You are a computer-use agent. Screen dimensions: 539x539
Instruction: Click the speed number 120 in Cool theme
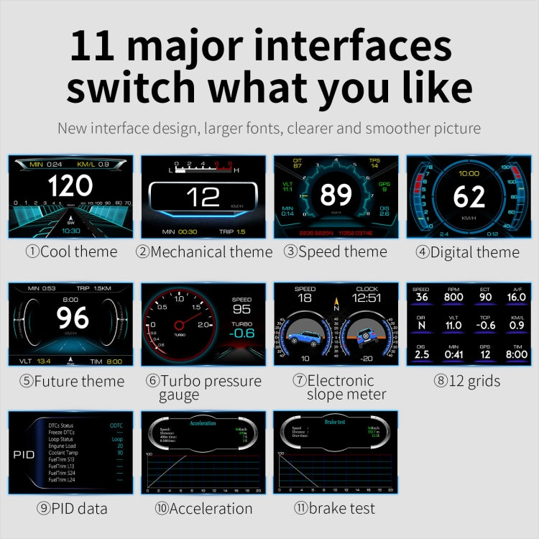[x=70, y=185]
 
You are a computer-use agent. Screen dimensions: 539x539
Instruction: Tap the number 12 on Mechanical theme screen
[x=203, y=197]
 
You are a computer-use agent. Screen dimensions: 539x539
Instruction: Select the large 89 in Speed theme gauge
[x=336, y=195]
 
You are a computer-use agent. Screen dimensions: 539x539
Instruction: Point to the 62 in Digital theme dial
[x=469, y=196]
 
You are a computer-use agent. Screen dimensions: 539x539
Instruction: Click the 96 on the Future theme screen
[x=73, y=318]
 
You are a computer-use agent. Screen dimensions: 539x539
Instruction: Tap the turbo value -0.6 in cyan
[x=242, y=332]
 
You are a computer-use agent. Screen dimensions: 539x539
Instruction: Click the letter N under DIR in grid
[x=421, y=326]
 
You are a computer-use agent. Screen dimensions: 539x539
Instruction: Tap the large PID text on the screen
[x=24, y=454]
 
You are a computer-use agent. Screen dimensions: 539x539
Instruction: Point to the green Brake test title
[x=335, y=423]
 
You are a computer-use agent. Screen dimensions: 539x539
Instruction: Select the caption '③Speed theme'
[x=335, y=252]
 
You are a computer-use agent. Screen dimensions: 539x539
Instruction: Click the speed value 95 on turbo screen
[x=242, y=308]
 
